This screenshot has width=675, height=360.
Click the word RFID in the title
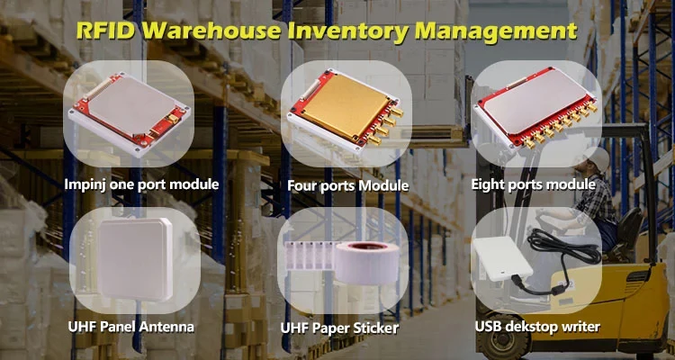[x=107, y=31]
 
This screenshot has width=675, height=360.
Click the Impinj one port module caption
[x=130, y=184]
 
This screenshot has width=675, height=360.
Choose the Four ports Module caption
[x=347, y=186]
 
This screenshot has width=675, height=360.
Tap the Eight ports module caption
[x=533, y=184]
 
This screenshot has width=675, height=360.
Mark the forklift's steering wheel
[x=550, y=216]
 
